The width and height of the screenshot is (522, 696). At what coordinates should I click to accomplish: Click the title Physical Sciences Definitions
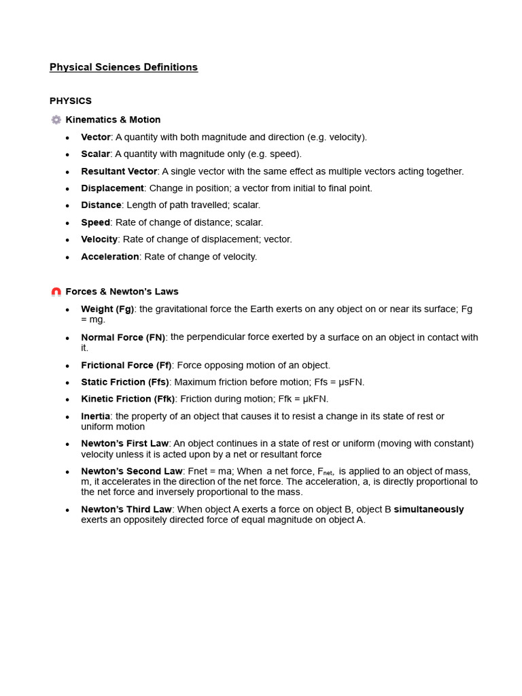123,67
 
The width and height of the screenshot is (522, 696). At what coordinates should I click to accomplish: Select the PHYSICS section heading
71,101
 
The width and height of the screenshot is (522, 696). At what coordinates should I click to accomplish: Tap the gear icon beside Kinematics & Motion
56,120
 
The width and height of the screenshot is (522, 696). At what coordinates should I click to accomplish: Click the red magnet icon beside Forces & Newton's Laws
56,292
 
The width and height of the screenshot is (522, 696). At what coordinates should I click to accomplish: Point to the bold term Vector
96,137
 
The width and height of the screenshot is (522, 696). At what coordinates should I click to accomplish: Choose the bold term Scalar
96,154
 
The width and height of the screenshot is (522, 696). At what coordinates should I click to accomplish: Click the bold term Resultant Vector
119,171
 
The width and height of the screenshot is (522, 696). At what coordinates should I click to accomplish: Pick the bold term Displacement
112,188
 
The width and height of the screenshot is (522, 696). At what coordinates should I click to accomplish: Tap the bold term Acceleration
110,257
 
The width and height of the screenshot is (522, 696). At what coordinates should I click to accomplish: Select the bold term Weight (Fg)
107,309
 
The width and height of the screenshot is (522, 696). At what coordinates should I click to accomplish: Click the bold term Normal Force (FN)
123,337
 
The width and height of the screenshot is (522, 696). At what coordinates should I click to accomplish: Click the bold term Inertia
96,416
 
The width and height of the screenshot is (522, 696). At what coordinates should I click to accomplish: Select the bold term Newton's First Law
124,444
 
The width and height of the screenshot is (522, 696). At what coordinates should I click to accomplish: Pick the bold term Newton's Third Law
126,510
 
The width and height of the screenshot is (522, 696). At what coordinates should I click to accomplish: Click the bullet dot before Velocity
67,240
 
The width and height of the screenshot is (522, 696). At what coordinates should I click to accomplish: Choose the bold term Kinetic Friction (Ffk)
128,399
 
